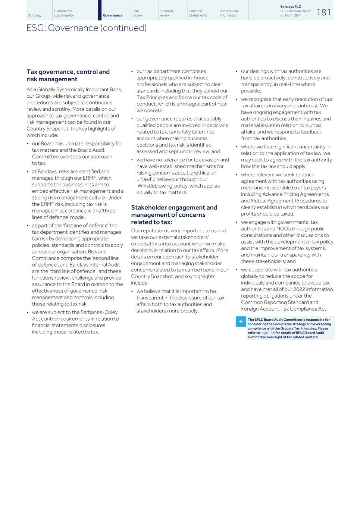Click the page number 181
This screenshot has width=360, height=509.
pyautogui.click(x=323, y=12)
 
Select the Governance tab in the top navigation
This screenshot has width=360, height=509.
pyautogui.click(x=113, y=15)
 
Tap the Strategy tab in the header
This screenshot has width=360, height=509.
pyautogui.click(x=35, y=15)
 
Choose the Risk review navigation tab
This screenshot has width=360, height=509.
pyautogui.click(x=137, y=13)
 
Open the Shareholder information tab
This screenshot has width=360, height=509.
pyautogui.click(x=229, y=13)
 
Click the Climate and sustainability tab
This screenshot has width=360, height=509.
pyautogui.click(x=64, y=13)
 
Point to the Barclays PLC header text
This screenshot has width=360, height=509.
pyautogui.click(x=291, y=7)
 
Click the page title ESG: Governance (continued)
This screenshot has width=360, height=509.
pyautogui.click(x=87, y=28)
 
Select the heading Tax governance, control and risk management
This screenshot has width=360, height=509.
pyautogui.click(x=68, y=75)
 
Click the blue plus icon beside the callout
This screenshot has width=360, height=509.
pyautogui.click(x=241, y=321)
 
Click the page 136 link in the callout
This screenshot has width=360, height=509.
pyautogui.click(x=267, y=333)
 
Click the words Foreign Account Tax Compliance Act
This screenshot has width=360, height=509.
pyautogui.click(x=284, y=309)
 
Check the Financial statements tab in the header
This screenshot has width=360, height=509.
pyautogui.click(x=198, y=13)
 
